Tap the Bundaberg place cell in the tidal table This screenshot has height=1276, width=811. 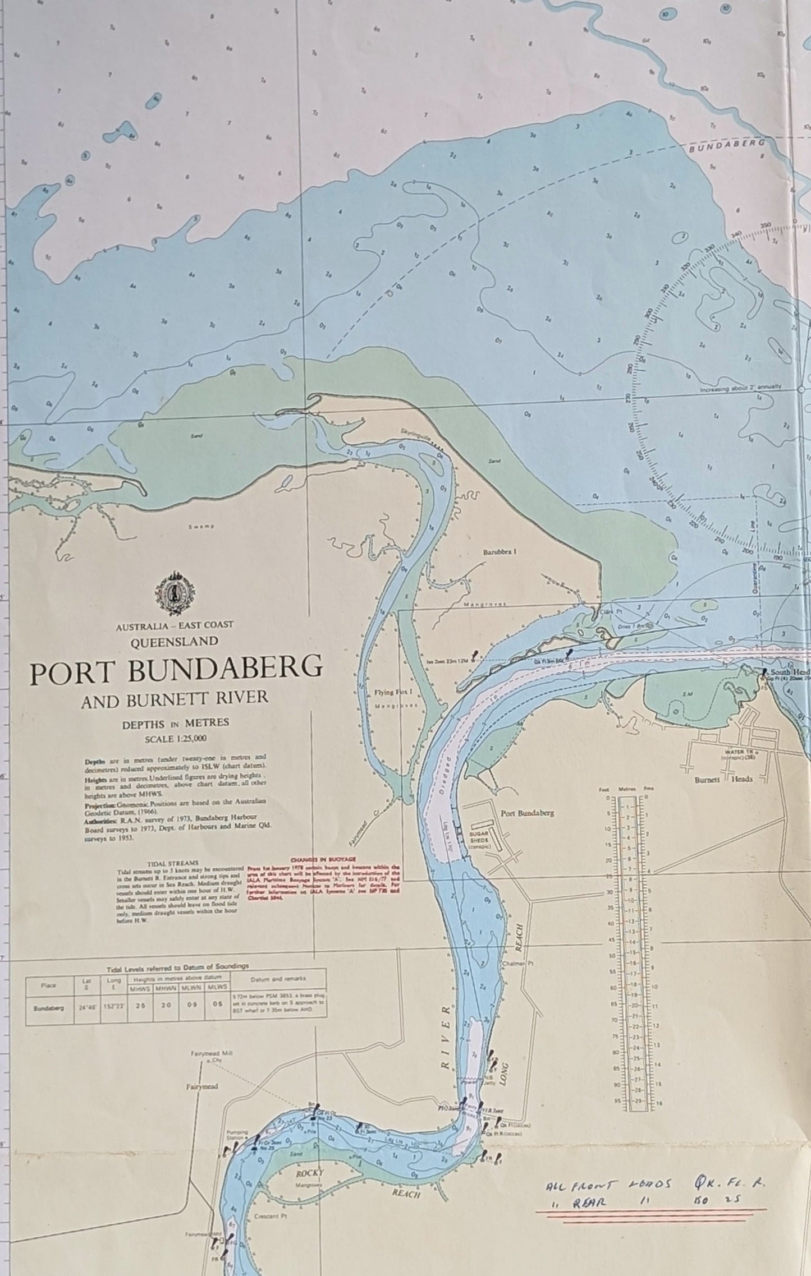tap(49, 1007)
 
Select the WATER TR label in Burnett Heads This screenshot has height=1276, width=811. tap(736, 752)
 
